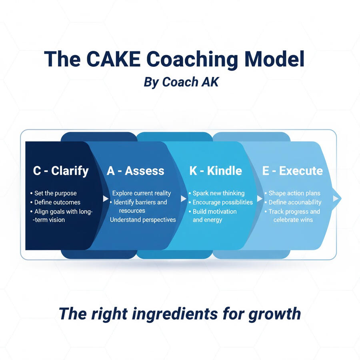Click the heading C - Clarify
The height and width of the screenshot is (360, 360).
pos(61,171)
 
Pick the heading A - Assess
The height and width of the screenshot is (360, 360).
pos(136,171)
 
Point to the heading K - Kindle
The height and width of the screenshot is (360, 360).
pos(216,171)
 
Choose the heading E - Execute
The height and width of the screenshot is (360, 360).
pos(292,171)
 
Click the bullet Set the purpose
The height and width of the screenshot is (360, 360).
pos(56,193)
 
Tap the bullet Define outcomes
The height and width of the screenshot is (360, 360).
pos(58,202)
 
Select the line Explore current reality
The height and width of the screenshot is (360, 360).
pos(142,193)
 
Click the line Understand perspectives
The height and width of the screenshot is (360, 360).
pos(143,220)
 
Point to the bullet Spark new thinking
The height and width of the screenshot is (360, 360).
pos(218,193)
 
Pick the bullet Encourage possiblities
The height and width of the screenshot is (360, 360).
pos(222,202)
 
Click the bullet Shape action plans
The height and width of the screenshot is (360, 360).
pos(294,193)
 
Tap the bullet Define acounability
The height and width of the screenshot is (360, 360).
pos(295,202)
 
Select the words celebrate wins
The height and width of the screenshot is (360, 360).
pos(293,220)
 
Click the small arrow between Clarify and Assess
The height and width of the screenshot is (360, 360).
pos(106,198)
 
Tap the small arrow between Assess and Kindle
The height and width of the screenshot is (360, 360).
pos(184,198)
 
